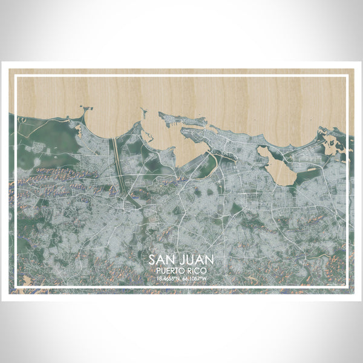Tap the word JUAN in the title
click(195, 260)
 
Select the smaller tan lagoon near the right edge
click(330, 144)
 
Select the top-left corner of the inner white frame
click(15, 75)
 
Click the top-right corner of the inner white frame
click(348, 75)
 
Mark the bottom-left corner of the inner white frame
click(15, 286)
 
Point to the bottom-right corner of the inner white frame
click(348, 286)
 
